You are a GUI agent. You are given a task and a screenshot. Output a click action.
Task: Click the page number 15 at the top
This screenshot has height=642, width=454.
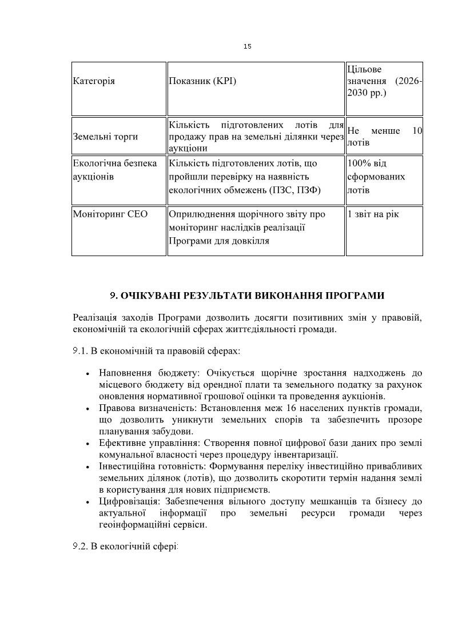[247, 46]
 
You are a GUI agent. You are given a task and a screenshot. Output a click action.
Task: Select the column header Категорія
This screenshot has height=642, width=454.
[94, 81]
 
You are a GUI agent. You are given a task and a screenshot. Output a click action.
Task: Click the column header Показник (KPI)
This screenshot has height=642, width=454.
[202, 81]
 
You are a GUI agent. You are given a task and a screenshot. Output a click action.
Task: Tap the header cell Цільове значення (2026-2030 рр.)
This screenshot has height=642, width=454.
[384, 81]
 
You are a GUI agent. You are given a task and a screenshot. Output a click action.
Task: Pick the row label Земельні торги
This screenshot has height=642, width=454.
[105, 137]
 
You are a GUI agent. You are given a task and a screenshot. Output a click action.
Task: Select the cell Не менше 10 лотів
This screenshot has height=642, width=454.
[384, 137]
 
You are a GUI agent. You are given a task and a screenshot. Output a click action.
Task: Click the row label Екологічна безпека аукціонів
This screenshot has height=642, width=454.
[114, 170]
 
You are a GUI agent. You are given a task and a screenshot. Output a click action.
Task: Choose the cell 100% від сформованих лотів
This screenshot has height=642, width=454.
[376, 177]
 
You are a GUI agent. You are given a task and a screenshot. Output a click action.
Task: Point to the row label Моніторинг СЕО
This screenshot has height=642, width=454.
[110, 214]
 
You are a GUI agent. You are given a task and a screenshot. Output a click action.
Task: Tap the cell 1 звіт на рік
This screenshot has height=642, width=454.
[373, 214]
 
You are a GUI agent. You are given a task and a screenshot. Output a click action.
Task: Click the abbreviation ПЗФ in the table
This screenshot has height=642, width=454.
[310, 190]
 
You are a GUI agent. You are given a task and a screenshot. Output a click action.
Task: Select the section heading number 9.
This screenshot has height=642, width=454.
[113, 296]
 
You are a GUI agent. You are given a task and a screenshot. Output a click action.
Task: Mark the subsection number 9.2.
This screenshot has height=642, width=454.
[79, 547]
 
